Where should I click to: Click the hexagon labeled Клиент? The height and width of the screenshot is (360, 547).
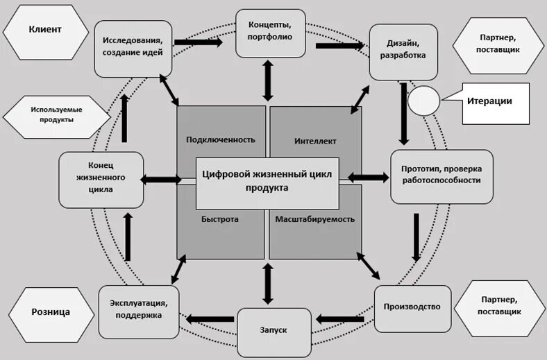[45, 30]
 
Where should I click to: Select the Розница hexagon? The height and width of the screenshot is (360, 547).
[50, 312]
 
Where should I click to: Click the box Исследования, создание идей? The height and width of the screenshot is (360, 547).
[133, 46]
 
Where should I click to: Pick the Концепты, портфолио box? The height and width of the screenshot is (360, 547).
[271, 33]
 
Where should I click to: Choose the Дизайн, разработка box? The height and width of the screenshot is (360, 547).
[403, 51]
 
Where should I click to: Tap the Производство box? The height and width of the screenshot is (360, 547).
[412, 307]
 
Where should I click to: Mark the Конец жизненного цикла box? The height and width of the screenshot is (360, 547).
[101, 180]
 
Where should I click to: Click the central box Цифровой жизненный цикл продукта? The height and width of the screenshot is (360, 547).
[267, 182]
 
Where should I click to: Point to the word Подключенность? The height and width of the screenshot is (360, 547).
[220, 139]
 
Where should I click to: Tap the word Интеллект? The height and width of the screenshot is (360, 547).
[315, 141]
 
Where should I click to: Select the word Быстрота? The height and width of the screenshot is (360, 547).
[220, 219]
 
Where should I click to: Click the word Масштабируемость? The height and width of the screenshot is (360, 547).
[315, 219]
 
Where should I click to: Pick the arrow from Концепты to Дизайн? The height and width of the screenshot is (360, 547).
[340, 46]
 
